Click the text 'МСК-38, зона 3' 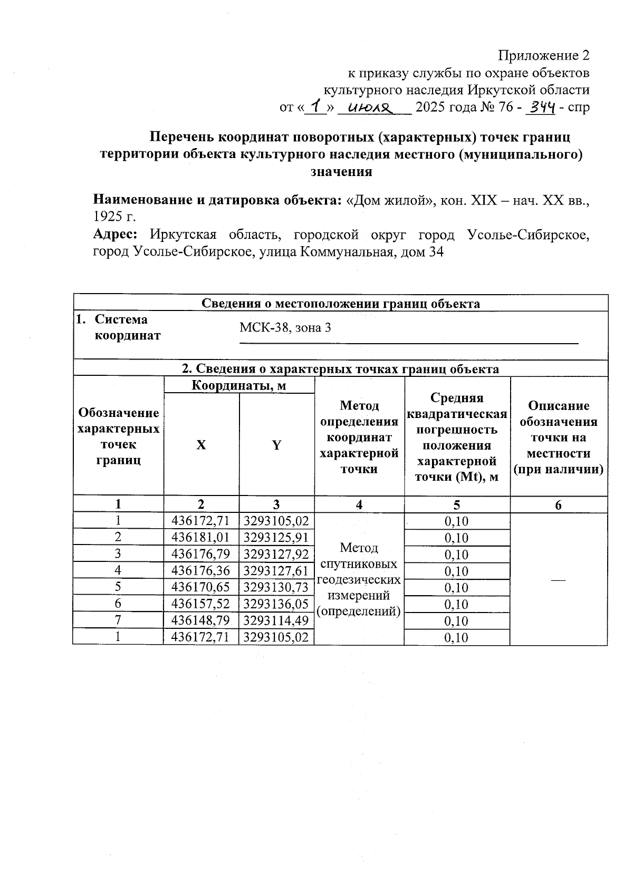tap(285, 328)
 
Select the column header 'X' tap(201, 445)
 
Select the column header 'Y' tap(276, 445)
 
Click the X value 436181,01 tap(201, 538)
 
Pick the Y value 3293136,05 tap(276, 604)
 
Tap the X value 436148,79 tap(201, 621)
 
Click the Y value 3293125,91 tap(276, 538)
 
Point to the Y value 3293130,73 tap(276, 588)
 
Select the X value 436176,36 tap(201, 571)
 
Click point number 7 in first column tap(118, 620)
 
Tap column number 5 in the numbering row tap(457, 505)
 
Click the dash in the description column tap(558, 579)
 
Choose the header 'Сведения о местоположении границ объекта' tap(341, 304)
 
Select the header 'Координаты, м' tap(239, 386)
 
